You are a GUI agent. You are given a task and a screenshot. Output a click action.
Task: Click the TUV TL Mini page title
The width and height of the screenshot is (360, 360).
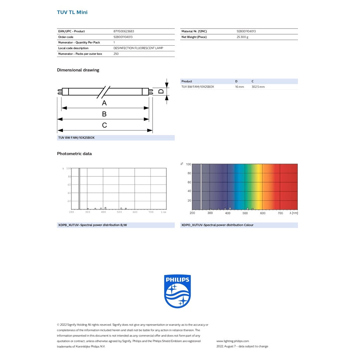(x=72, y=12)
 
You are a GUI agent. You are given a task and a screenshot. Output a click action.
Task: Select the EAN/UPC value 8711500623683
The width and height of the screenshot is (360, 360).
(x=123, y=31)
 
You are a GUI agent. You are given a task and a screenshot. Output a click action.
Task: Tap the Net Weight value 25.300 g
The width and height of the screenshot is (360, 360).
(x=242, y=37)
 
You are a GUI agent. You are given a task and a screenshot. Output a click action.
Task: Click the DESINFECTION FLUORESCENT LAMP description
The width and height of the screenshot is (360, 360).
(x=138, y=48)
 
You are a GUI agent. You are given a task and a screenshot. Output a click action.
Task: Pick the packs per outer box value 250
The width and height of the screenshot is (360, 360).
(x=116, y=54)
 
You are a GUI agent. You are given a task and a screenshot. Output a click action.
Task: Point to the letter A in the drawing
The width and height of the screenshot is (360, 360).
(x=104, y=103)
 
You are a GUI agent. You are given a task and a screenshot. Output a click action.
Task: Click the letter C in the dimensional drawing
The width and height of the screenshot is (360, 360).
(x=104, y=125)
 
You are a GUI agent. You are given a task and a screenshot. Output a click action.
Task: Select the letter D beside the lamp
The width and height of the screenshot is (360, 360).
(x=161, y=91)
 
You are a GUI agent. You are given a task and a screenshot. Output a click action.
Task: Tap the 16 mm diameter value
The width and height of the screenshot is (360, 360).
(x=239, y=87)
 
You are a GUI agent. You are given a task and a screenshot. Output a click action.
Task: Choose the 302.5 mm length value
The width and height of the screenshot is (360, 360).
(x=258, y=87)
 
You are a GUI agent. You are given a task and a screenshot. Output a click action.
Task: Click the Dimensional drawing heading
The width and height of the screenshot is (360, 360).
(x=78, y=70)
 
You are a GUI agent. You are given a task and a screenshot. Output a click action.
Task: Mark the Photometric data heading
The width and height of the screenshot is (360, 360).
(x=74, y=154)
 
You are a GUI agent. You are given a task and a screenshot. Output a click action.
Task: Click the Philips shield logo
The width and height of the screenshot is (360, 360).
(x=178, y=291)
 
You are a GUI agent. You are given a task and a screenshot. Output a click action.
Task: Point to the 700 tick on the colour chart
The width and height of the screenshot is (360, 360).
(x=280, y=213)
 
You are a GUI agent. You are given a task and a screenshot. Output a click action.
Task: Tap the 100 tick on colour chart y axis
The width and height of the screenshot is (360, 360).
(x=188, y=164)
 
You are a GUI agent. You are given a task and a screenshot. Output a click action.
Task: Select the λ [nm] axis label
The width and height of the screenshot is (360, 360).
(x=294, y=213)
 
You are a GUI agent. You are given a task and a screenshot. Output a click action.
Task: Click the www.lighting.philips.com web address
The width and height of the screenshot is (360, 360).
(x=232, y=341)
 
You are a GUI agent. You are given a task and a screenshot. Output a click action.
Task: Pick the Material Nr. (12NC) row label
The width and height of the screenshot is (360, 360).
(x=194, y=31)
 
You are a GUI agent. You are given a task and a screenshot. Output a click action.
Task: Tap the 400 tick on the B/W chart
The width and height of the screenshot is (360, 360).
(x=103, y=212)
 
